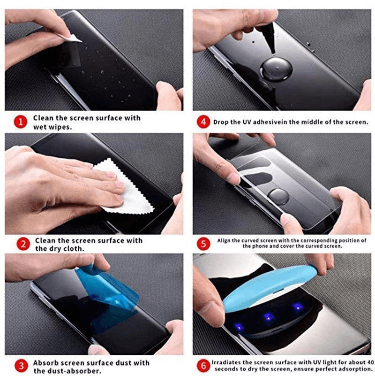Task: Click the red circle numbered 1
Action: pyautogui.click(x=20, y=122)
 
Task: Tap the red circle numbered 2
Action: pyautogui.click(x=20, y=244)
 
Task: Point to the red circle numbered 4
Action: pyautogui.click(x=203, y=122)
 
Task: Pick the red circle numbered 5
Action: pyautogui.click(x=203, y=243)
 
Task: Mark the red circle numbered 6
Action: pyautogui.click(x=203, y=366)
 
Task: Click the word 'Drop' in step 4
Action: pyautogui.click(x=221, y=123)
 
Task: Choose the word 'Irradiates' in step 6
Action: pyautogui.click(x=226, y=362)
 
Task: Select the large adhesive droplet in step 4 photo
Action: pyautogui.click(x=277, y=69)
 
